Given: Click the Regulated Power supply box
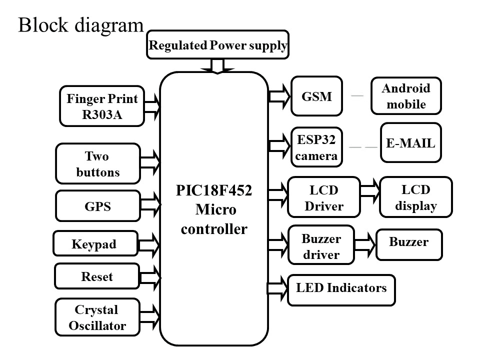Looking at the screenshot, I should click(218, 46).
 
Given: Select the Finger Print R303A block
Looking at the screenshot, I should click(102, 106).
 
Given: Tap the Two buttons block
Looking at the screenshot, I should click(97, 164).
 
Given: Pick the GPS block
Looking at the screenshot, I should click(97, 206).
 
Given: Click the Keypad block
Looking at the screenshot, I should click(95, 243).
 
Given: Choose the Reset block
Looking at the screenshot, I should click(96, 276).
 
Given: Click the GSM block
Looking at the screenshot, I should click(316, 96).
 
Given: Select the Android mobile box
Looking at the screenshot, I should click(406, 96).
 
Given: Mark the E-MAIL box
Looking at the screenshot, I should click(410, 142).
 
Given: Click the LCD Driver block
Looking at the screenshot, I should click(324, 197).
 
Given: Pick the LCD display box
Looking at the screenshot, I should click(416, 197).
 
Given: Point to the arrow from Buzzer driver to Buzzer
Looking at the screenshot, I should click(365, 242).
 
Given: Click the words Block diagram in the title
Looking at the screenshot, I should click(81, 25).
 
